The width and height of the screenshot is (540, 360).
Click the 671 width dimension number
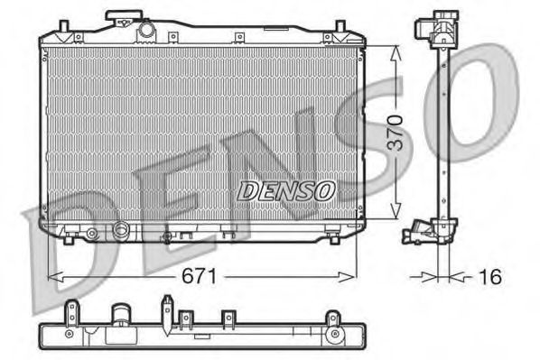coord(200,276)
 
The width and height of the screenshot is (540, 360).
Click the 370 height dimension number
coord(395,133)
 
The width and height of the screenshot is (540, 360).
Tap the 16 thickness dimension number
coord(490,276)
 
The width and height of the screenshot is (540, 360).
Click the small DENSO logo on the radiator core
coord(286,190)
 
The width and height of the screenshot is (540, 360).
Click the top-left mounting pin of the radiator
coord(64,26)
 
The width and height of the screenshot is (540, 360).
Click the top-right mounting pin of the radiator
coord(340,26)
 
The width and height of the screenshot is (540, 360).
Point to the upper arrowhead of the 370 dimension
coord(396,53)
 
